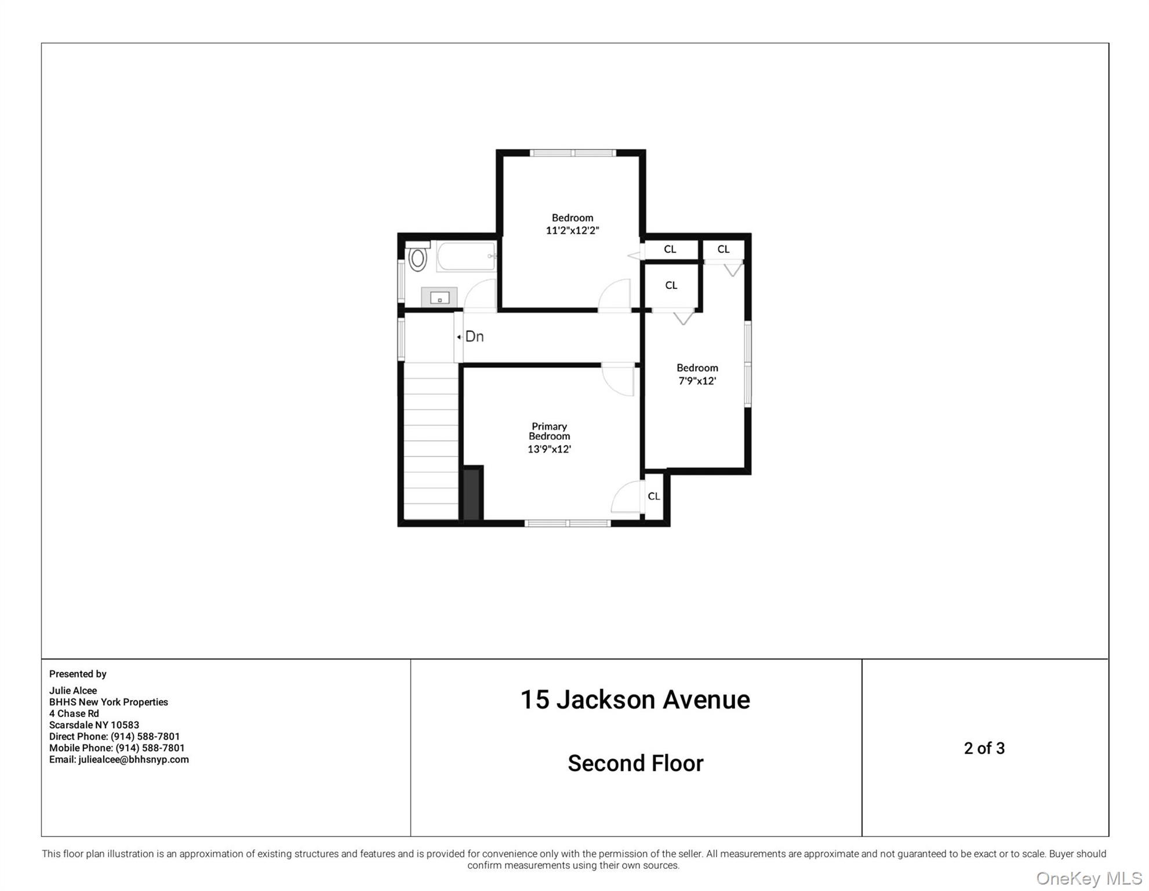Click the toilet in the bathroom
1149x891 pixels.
tap(417, 258)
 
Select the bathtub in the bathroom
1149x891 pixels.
tap(466, 256)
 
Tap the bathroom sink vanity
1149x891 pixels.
tap(439, 298)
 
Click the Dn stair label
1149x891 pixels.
tap(474, 336)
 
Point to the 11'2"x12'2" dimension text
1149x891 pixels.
tap(572, 230)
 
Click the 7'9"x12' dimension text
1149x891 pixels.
tap(697, 381)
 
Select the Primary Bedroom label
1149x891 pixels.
tap(549, 431)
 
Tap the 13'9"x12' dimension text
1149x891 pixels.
tap(549, 449)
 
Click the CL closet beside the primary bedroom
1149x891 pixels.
tap(654, 497)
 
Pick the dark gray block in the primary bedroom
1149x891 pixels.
tap(471, 494)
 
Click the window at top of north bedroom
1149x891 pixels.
tap(572, 153)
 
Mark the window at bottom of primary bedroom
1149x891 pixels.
tap(568, 523)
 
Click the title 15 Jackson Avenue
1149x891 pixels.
tap(635, 700)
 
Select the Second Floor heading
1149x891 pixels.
tap(635, 763)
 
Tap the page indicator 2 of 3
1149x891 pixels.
tap(984, 748)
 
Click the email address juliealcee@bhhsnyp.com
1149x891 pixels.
tap(133, 759)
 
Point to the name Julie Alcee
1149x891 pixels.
tap(73, 690)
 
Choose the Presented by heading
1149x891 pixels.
tap(78, 674)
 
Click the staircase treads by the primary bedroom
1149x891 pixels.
tap(430, 441)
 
